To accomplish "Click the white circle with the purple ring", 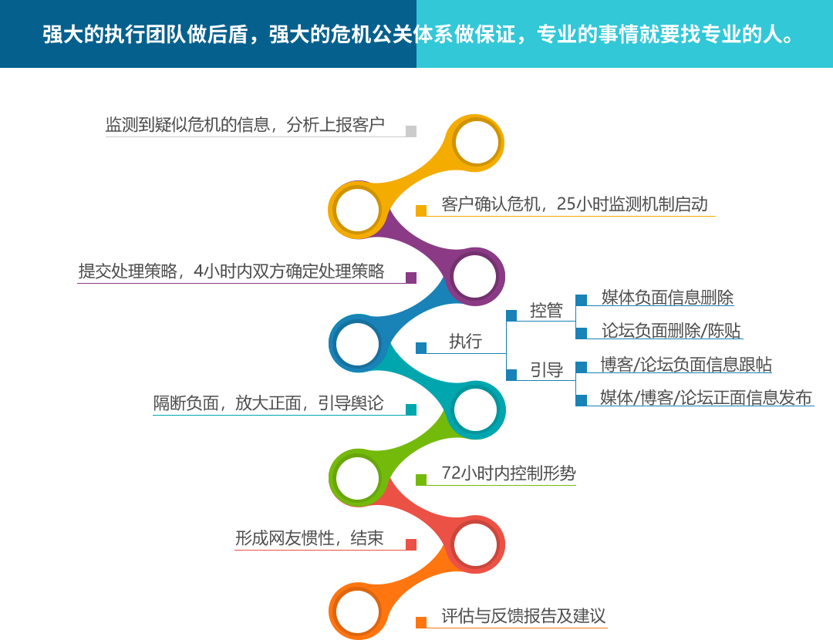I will click(x=474, y=276).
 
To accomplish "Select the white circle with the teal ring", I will click(x=475, y=409).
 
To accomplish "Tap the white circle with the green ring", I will click(x=358, y=477).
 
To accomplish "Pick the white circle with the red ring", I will click(x=475, y=544).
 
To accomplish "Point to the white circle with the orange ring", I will click(x=358, y=611).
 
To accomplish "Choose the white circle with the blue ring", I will click(x=358, y=343).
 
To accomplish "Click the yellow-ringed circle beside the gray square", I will click(x=477, y=142).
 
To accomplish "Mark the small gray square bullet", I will click(x=410, y=131).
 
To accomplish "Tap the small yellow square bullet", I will click(x=420, y=210).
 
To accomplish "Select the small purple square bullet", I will click(x=410, y=278).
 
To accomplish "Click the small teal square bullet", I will click(x=410, y=409).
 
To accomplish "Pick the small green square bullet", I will click(x=420, y=479).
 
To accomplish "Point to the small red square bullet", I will click(x=410, y=544).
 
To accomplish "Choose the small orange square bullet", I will click(x=420, y=621).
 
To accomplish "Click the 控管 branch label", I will click(x=546, y=310).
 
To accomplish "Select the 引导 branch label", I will click(x=547, y=370).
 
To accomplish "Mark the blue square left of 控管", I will click(x=511, y=315).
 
